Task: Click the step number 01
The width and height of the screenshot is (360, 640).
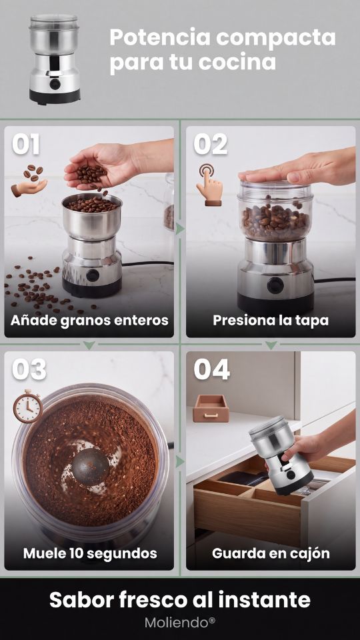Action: [x=26, y=145]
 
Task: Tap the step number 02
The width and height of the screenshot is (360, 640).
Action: [x=210, y=145]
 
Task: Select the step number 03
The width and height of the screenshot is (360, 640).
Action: [x=29, y=369]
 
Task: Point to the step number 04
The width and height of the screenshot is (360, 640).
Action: [x=211, y=369]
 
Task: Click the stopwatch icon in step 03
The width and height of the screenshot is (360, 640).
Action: [x=28, y=406]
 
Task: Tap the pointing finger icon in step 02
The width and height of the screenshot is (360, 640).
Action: [x=209, y=185]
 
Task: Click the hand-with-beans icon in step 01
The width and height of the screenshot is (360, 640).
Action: [x=29, y=181]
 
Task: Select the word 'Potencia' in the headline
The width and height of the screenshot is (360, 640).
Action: [x=160, y=37]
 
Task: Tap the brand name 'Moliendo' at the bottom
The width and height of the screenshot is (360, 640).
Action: [x=177, y=623]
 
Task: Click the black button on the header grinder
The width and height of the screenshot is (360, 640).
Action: [x=55, y=84]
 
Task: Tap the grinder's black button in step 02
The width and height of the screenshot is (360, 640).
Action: [x=275, y=285]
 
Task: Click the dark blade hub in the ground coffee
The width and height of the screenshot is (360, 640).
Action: [x=91, y=467]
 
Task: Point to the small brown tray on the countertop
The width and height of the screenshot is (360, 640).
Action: [x=211, y=408]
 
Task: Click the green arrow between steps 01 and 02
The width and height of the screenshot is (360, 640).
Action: [x=180, y=229]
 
